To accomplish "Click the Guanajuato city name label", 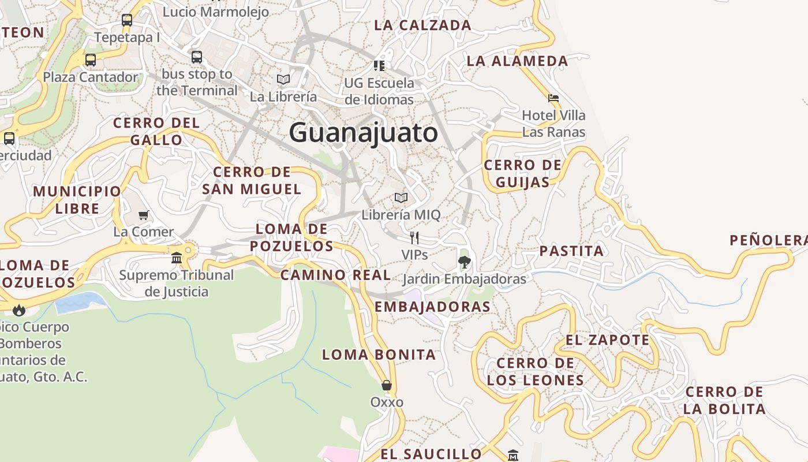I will [x=364, y=133].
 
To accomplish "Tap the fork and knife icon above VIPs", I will [x=414, y=237].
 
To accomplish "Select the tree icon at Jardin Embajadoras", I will [x=464, y=263].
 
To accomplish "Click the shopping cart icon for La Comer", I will [x=143, y=215].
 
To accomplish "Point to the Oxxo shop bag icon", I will [x=387, y=385].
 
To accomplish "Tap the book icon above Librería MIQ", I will [x=401, y=198].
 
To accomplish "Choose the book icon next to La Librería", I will [x=283, y=79].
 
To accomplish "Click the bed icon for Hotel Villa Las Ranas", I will [x=553, y=98].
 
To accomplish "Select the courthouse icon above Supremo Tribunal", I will [x=177, y=258].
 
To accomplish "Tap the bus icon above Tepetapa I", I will [x=127, y=20].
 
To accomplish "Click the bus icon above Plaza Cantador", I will [x=91, y=59].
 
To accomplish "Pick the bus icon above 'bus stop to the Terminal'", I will [x=197, y=57].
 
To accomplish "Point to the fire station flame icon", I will [x=19, y=310].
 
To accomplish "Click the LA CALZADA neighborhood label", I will [x=422, y=25].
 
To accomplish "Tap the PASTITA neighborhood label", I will [x=571, y=251].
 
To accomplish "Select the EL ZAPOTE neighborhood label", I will [x=607, y=340].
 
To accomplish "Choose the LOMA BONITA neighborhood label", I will [x=379, y=355].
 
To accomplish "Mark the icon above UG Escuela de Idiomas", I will [x=379, y=66].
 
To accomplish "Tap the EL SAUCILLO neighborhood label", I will [x=431, y=454].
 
